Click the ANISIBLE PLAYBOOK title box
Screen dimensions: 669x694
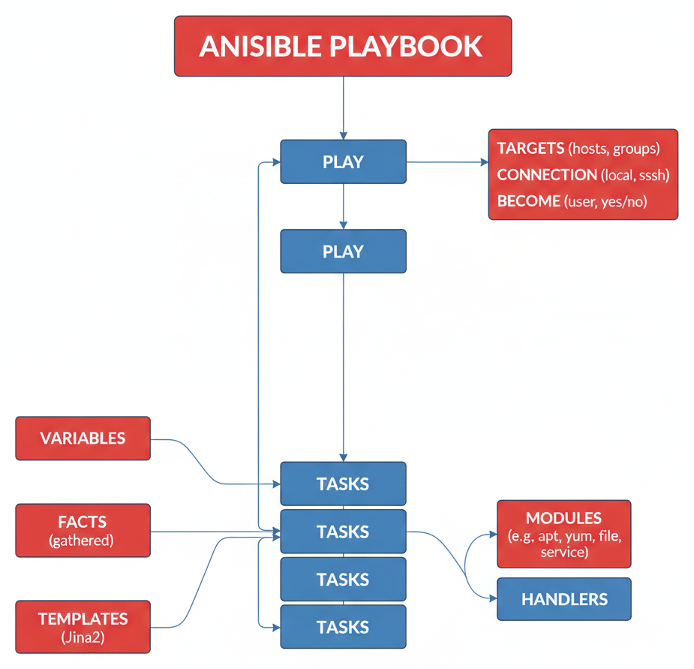pos(343,47)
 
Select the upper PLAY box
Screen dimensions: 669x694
pos(343,161)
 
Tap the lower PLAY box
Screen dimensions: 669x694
pos(343,251)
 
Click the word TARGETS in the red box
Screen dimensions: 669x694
pos(530,148)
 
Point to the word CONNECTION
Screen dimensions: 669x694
pos(547,174)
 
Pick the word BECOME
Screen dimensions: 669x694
pos(529,201)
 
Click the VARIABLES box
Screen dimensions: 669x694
pos(83,438)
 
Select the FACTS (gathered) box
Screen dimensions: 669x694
pos(83,530)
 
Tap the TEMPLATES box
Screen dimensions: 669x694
pos(83,627)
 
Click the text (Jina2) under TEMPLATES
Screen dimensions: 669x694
pos(83,638)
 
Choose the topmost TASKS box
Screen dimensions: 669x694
pos(343,484)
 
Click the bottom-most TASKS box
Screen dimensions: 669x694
pos(343,627)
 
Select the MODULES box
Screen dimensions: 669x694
pos(563,533)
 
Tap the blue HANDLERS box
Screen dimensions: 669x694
pos(563,599)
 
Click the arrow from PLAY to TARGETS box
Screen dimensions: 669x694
pos(446,161)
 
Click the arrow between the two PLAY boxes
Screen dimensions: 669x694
pos(343,206)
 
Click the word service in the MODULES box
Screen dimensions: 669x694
pos(563,553)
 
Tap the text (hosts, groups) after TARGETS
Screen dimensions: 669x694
pos(614,148)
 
